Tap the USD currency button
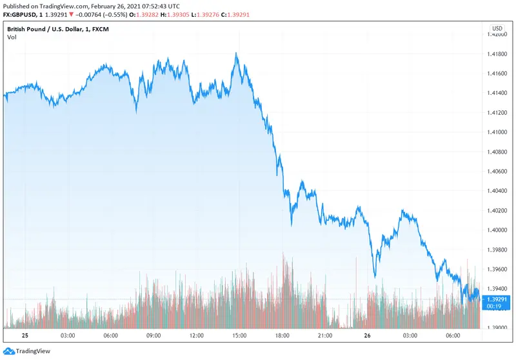(497, 28)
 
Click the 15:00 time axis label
(239, 335)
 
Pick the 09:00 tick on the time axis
(154, 335)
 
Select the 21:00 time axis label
(325, 335)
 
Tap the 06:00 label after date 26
(453, 335)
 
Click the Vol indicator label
(12, 37)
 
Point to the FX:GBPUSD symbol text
(23, 15)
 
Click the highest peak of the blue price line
(237, 54)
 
